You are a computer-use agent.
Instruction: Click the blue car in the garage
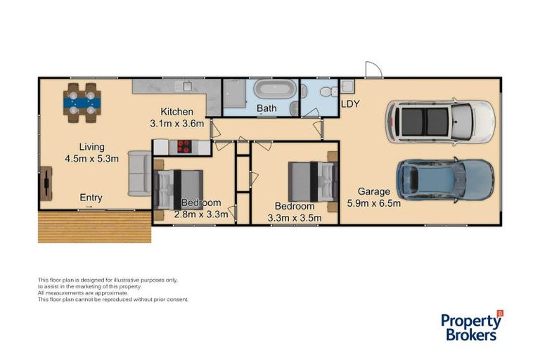[x=445, y=179]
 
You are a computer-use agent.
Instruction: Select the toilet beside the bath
[x=325, y=91]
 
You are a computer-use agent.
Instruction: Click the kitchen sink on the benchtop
[x=187, y=86]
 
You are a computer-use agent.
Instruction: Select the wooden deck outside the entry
[x=94, y=227]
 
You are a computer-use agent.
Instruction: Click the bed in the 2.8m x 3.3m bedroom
[x=178, y=188]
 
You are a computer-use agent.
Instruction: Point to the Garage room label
[x=373, y=191]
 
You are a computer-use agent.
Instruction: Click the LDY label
[x=350, y=104]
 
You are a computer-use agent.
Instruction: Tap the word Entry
[x=91, y=198]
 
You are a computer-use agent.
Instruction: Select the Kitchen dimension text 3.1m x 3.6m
[x=176, y=124]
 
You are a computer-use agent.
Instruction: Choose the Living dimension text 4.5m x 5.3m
[x=91, y=158]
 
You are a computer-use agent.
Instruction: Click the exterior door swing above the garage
[x=373, y=69]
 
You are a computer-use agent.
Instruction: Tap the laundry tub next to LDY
[x=347, y=86]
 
